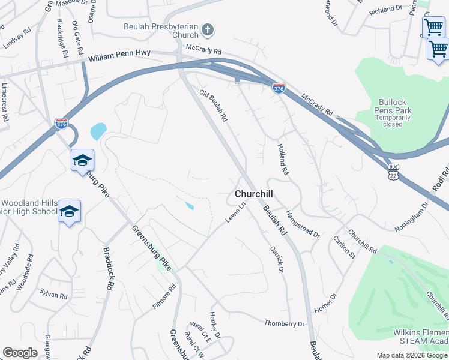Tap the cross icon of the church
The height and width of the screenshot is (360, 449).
pos(207,29)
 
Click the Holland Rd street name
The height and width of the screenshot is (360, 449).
pos(283,159)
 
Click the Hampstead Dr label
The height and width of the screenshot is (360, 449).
pos(303,224)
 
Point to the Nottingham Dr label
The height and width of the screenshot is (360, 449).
pos(411,217)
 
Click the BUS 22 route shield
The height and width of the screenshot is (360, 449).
pos(394,171)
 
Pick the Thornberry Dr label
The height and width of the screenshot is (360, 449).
pos(285,323)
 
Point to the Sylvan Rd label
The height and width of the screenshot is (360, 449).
pos(53,295)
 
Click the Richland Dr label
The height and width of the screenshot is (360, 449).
pos(385,10)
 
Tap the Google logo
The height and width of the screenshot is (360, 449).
pos(20,353)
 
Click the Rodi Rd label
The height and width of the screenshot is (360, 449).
pos(441,180)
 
